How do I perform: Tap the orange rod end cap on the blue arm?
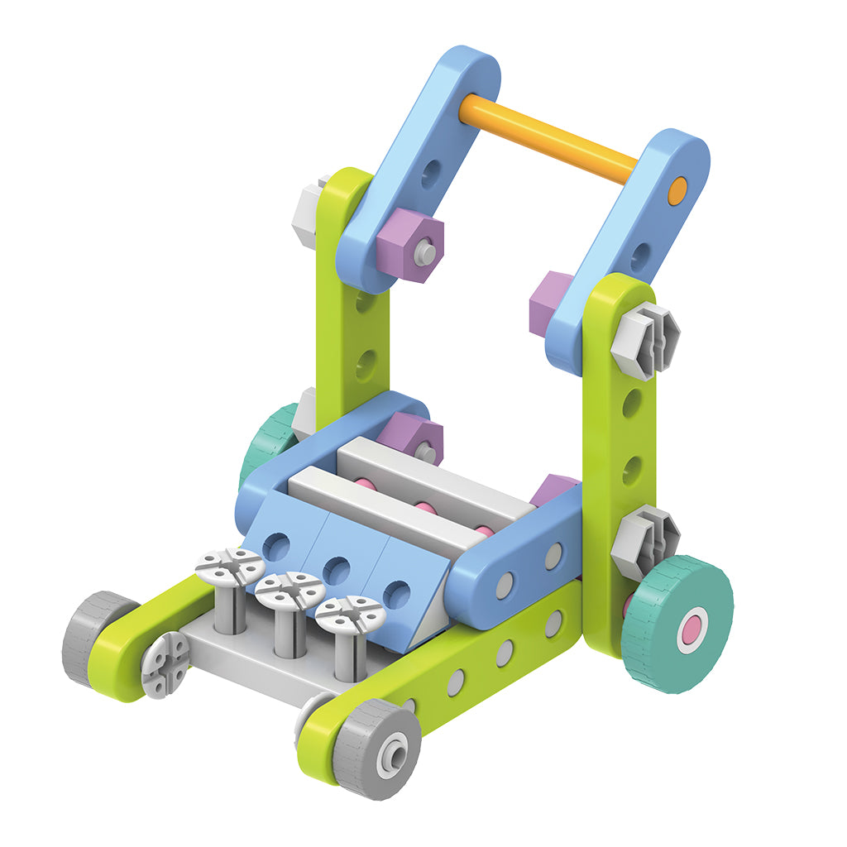pos(677,189)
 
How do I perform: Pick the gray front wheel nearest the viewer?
pos(379,749)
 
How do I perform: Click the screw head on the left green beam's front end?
pos(166,664)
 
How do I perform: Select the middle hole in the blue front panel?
pos(336,570)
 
